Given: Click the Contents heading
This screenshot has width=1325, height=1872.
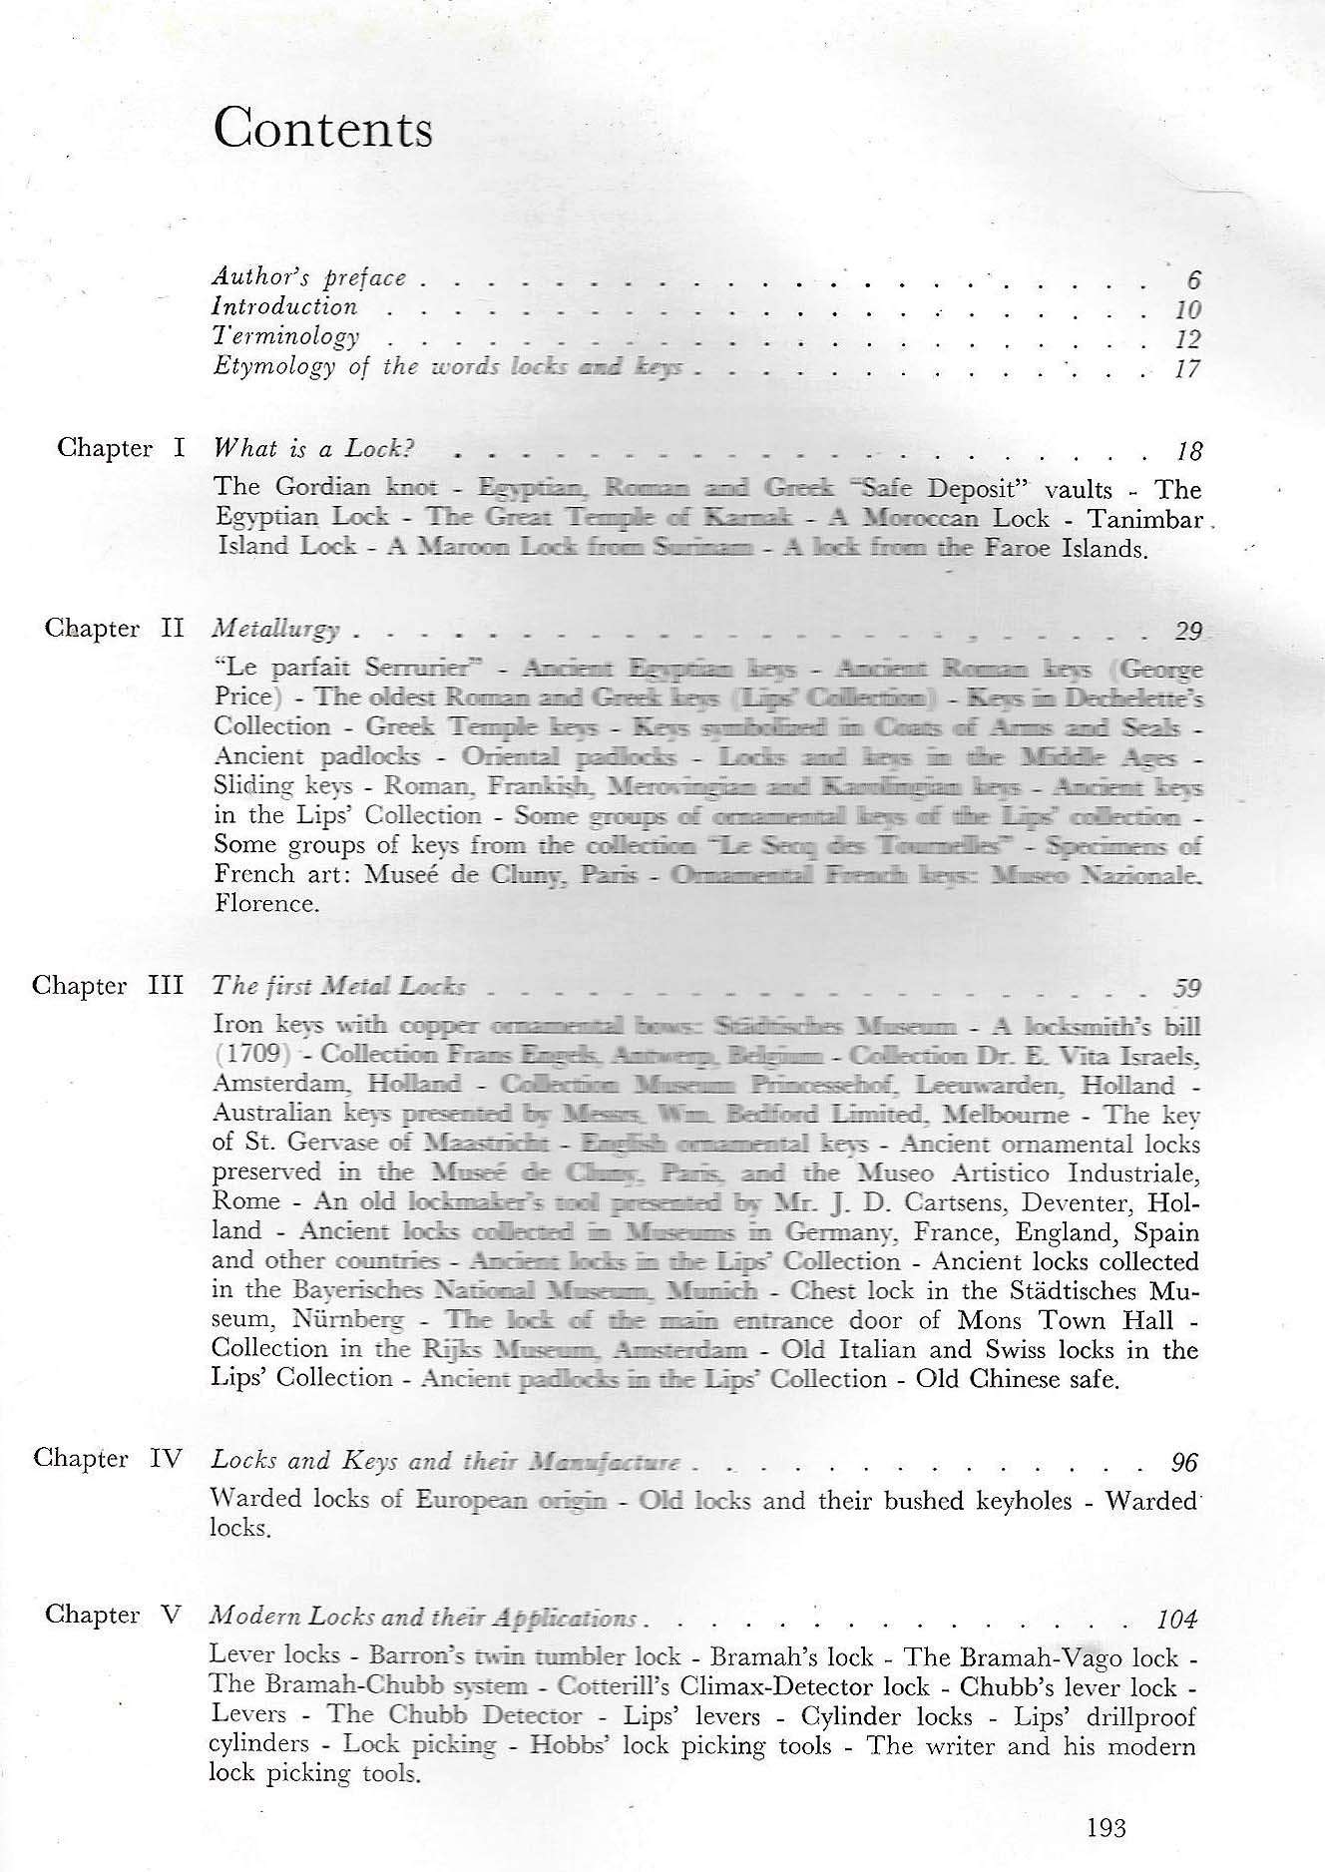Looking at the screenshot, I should tap(323, 129).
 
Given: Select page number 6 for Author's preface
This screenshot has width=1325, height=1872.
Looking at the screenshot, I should tap(1193, 280).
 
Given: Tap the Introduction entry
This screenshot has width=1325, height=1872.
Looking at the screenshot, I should tap(285, 307).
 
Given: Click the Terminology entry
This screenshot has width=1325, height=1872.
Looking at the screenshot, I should tap(286, 337).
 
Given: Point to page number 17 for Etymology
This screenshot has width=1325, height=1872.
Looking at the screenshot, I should tap(1187, 369).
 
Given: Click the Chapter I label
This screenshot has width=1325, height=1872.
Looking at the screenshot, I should tap(121, 448).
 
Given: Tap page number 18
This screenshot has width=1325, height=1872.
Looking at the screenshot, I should tap(1188, 452).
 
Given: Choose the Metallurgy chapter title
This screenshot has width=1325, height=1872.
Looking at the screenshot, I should tap(276, 630).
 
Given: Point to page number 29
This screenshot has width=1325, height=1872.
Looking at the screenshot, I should tap(1188, 631).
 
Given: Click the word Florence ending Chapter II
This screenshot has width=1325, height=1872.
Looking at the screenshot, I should tap(265, 904).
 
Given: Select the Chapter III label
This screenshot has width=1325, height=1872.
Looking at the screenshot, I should tap(108, 986).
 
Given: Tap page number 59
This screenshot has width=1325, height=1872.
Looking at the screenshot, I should tap(1186, 988).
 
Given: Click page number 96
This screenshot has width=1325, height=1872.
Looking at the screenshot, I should tap(1184, 1463).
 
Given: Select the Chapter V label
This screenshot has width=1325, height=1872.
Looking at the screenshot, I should tap(113, 1615).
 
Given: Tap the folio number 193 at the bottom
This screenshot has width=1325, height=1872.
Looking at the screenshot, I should tap(1106, 1828).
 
